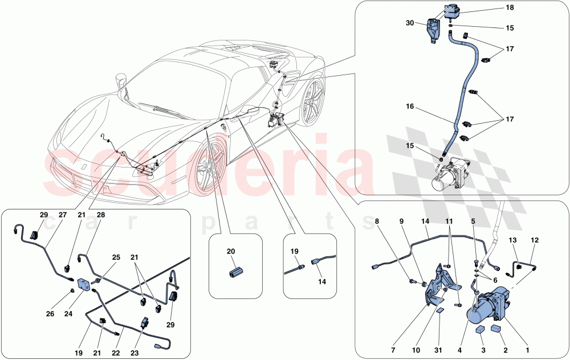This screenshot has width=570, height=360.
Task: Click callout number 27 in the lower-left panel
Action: point(63,215)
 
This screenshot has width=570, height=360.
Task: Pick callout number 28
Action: point(101,215)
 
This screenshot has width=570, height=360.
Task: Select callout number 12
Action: point(535,240)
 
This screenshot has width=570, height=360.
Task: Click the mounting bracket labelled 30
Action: point(434,31)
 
